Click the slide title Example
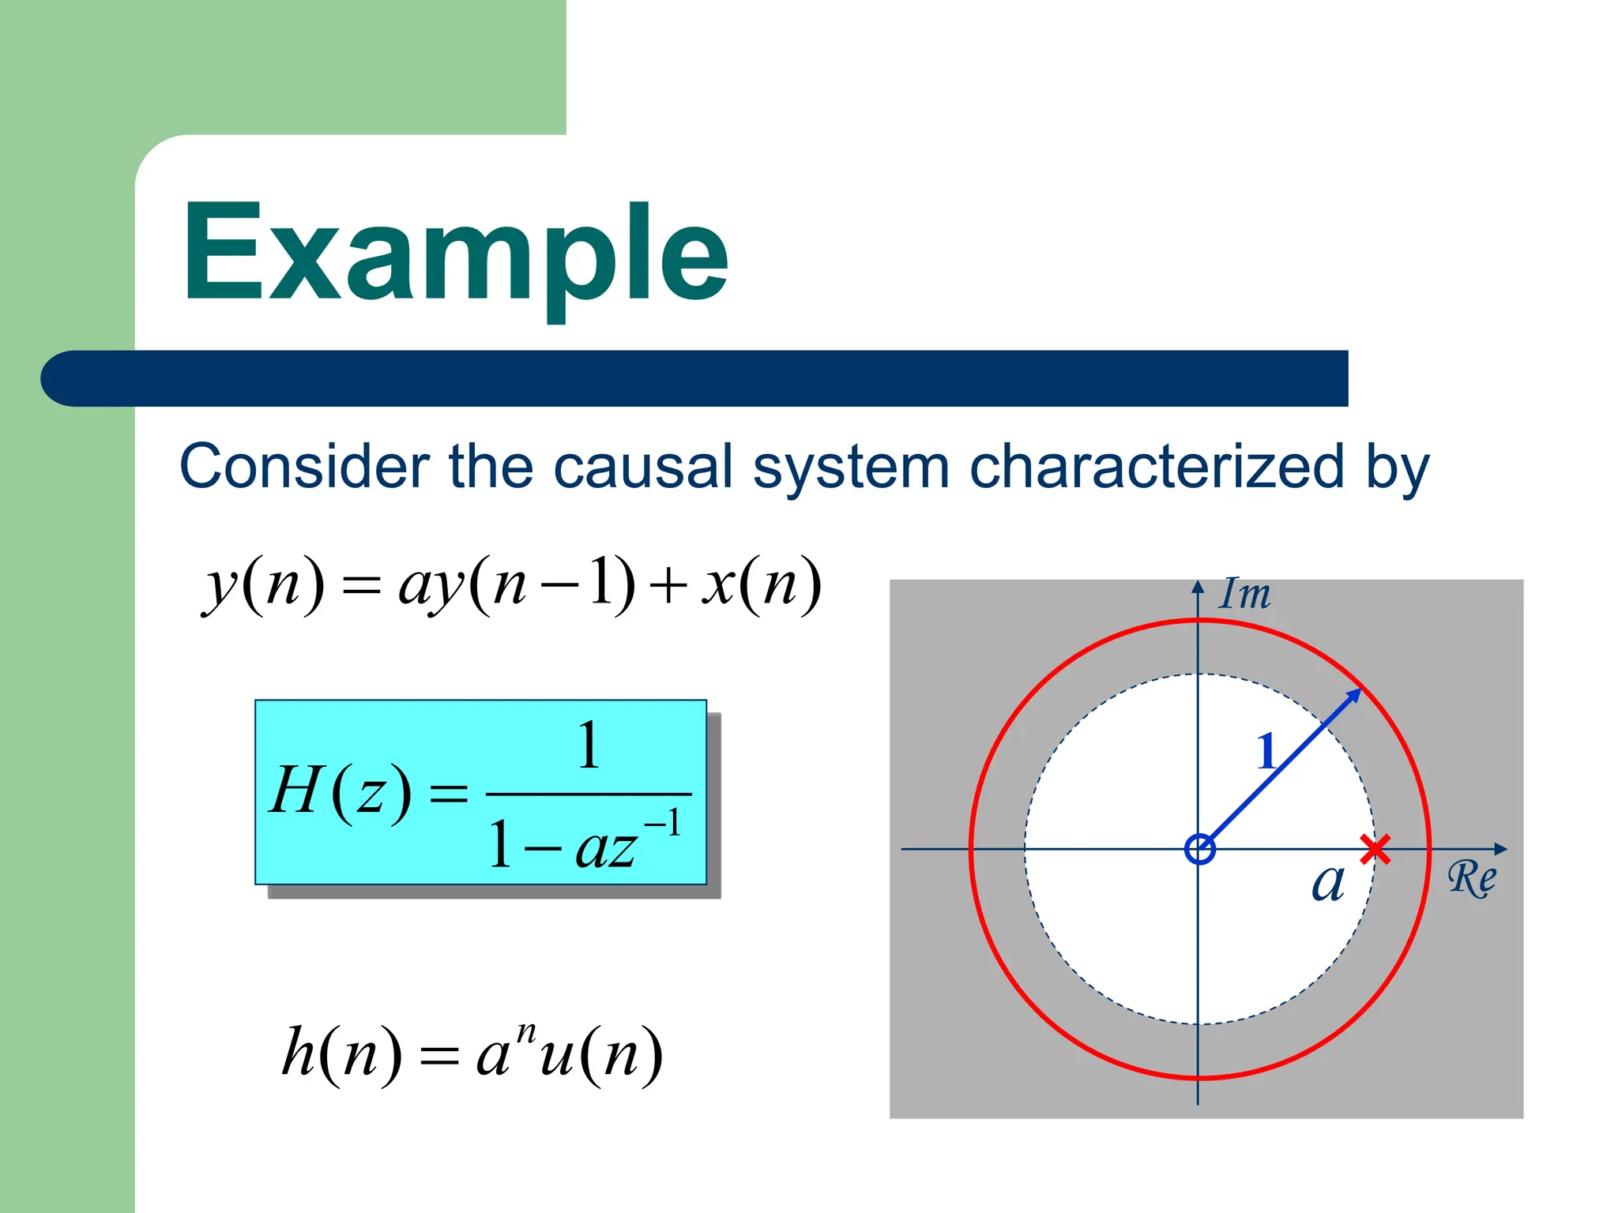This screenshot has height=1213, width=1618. (456, 254)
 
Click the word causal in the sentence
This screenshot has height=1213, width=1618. (643, 467)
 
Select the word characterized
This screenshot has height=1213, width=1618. (1156, 467)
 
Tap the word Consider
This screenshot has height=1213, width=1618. (305, 467)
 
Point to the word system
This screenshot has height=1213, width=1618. (851, 468)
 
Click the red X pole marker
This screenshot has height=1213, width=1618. (1375, 850)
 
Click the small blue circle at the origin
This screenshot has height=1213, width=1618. (1200, 850)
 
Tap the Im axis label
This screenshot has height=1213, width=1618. (1245, 594)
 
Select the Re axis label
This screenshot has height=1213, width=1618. (1472, 878)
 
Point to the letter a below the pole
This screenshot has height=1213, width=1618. (1328, 882)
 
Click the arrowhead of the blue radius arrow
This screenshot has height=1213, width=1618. (1354, 695)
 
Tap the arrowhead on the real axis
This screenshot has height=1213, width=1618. (1500, 850)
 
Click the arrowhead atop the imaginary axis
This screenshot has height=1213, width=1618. (1198, 588)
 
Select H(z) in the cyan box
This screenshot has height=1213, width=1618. (341, 792)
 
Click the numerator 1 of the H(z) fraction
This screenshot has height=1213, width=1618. (589, 745)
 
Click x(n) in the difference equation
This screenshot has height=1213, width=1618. (762, 585)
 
